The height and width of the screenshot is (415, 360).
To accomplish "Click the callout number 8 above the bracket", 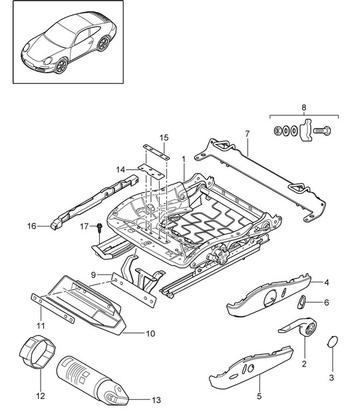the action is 303,108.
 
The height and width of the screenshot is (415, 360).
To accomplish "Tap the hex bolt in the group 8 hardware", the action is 322,131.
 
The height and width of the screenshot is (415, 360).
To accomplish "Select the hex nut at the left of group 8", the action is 277,131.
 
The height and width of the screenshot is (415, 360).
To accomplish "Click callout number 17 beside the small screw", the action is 84,226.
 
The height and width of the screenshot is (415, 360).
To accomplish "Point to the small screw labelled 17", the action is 100,228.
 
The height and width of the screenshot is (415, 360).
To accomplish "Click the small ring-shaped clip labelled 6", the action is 301,302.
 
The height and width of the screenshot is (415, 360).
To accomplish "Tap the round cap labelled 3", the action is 333,342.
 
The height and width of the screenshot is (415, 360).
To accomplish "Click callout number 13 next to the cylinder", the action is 156,400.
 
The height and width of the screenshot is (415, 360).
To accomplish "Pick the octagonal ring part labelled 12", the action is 37,352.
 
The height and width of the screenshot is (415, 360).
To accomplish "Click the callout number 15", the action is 164,138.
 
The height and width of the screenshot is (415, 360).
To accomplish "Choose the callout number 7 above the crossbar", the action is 247,134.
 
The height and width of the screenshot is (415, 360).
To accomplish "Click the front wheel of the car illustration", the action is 61,65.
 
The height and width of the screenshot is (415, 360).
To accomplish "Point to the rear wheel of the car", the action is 103,43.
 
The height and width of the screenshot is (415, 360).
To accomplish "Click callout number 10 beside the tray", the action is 150,334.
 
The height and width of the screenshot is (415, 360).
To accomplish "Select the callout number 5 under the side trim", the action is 259,396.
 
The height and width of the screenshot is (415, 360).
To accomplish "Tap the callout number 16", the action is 31,226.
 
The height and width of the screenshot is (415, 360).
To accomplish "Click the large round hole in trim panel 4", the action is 270,298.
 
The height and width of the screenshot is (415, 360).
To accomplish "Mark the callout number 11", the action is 41,325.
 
